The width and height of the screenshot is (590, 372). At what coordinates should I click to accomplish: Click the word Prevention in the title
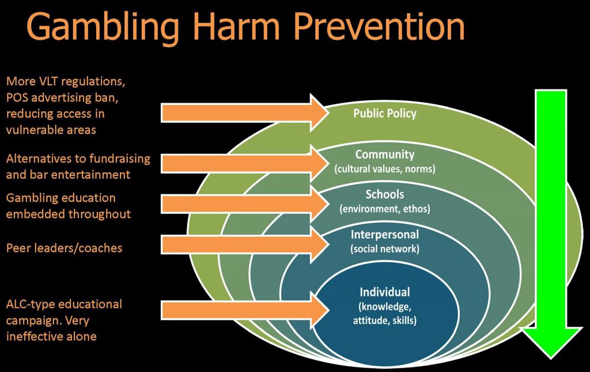pos(379,27)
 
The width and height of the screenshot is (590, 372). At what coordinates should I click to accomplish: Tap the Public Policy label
pos(384,114)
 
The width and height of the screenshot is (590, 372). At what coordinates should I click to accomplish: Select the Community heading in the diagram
pos(384,155)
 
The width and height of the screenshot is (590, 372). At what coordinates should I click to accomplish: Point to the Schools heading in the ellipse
pos(384,194)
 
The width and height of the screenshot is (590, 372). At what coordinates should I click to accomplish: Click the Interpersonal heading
pos(384,235)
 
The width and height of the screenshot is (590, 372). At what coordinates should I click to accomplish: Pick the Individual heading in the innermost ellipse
pos(384,292)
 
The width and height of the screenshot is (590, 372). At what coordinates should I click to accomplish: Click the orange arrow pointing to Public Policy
pos(245,112)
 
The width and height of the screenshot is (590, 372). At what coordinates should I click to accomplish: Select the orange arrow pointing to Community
pos(245,163)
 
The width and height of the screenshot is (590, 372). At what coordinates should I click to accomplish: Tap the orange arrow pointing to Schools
pos(245,204)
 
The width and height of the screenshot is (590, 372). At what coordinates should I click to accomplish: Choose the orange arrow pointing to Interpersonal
pos(245,245)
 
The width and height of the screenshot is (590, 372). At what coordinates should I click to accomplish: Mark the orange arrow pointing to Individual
pos(245,310)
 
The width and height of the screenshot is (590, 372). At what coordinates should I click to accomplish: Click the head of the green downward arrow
pos(551,341)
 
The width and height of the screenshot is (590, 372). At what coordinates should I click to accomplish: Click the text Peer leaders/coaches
pos(65,248)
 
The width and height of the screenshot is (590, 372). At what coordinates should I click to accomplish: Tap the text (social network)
pos(384,249)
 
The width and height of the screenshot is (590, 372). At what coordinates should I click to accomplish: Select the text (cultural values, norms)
pos(384,168)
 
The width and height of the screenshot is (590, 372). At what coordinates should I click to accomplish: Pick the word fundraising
pos(119,159)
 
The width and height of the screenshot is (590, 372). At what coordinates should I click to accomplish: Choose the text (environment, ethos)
pos(384,209)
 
